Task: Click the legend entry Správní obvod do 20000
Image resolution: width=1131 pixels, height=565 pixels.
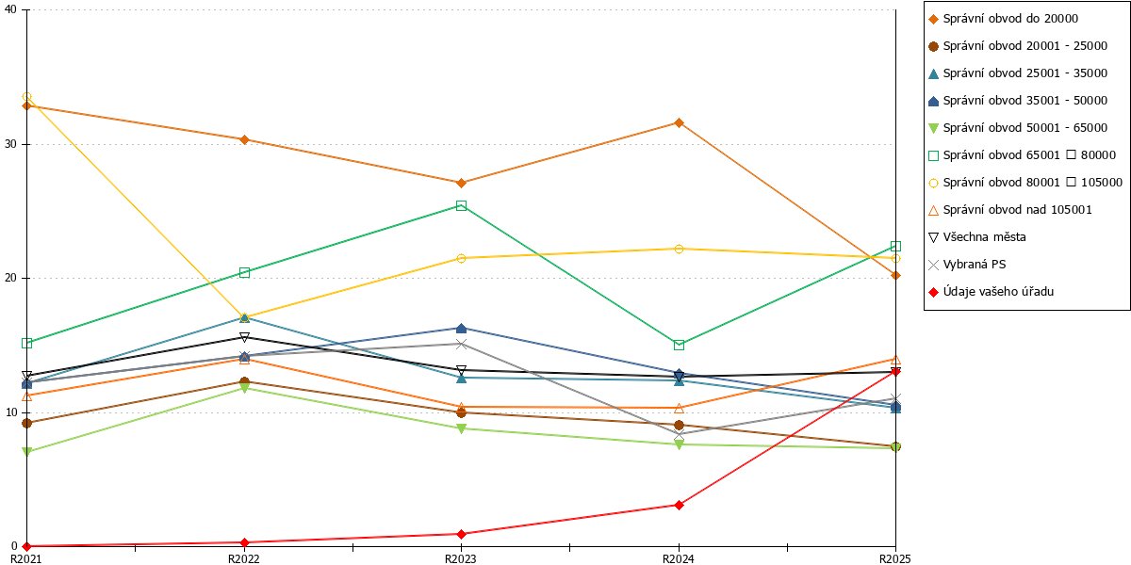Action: tap(1003, 19)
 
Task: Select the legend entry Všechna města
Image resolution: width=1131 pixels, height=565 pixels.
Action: tap(977, 237)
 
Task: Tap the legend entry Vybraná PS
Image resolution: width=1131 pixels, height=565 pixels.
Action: tap(967, 265)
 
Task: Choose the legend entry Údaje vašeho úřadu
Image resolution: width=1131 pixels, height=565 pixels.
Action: tap(991, 292)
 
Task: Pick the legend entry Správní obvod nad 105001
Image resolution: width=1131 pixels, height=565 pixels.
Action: tap(1009, 210)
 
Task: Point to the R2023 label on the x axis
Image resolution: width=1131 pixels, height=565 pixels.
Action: tap(461, 559)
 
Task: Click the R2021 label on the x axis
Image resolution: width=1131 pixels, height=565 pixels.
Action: tap(26, 559)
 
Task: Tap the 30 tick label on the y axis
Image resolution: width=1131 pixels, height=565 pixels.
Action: tap(10, 144)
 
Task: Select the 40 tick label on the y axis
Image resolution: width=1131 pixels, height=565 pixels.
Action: tap(10, 9)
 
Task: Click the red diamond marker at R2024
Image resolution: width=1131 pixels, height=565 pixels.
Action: tap(680, 505)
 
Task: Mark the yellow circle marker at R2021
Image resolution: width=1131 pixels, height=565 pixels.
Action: tap(26, 96)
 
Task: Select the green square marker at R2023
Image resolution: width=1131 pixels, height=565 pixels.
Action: tap(461, 205)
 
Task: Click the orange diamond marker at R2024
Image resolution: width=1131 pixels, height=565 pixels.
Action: tap(680, 122)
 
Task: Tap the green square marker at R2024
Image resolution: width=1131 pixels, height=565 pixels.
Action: tap(680, 345)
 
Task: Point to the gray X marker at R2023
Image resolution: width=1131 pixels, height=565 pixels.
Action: tap(461, 344)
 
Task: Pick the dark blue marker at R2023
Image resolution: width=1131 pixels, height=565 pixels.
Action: tap(461, 329)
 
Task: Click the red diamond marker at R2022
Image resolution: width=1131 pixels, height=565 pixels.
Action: tap(244, 542)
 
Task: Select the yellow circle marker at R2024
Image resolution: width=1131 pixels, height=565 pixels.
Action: tap(680, 249)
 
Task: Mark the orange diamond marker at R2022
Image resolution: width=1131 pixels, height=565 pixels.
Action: tap(244, 139)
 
